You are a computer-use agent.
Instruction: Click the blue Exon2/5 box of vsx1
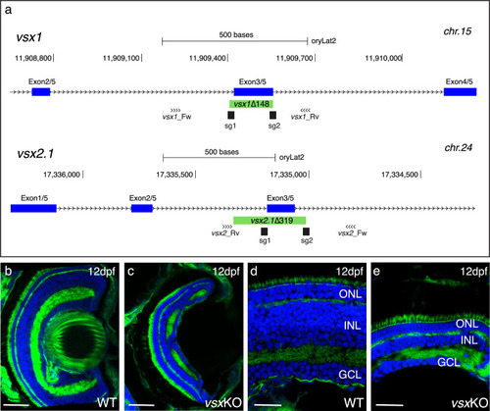pyautogui.click(x=41, y=92)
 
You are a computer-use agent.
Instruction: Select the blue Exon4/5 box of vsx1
pyautogui.click(x=460, y=92)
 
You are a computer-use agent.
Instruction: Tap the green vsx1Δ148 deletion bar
pyautogui.click(x=251, y=104)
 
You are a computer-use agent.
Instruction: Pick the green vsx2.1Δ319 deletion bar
pyautogui.click(x=269, y=221)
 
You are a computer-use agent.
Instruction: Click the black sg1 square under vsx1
pyautogui.click(x=231, y=115)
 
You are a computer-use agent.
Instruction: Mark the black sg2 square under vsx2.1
pyautogui.click(x=306, y=231)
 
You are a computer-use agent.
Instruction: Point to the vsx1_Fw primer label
pyautogui.click(x=176, y=117)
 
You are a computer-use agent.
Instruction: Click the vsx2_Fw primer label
pyautogui.click(x=352, y=232)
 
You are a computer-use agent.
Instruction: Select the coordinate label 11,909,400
pyautogui.click(x=208, y=58)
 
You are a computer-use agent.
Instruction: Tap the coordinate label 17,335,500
pyautogui.click(x=174, y=175)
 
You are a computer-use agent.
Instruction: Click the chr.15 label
pyautogui.click(x=458, y=31)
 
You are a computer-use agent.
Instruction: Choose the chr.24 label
pyautogui.click(x=458, y=148)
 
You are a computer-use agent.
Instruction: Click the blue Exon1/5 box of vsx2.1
pyautogui.click(x=33, y=208)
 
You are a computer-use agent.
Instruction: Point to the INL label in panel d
pyautogui.click(x=352, y=326)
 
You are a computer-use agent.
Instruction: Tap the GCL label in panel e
pyautogui.click(x=449, y=362)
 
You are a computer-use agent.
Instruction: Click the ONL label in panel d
pyautogui.click(x=350, y=294)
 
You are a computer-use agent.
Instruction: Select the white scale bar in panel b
pyautogui.click(x=17, y=405)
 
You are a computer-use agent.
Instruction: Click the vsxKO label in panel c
pyautogui.click(x=223, y=402)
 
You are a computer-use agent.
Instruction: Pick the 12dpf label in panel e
pyautogui.click(x=473, y=272)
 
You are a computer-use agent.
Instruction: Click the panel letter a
pyautogui.click(x=8, y=10)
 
